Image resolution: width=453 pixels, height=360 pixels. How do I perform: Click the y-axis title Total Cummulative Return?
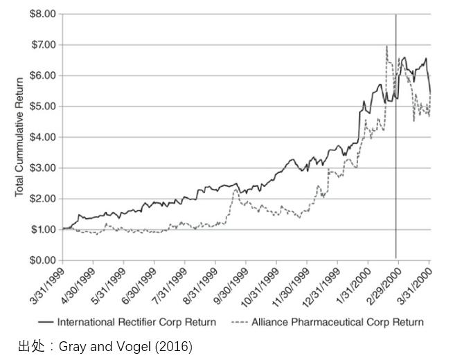pyautogui.click(x=19, y=137)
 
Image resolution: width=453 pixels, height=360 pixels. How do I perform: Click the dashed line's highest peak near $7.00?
pyautogui.click(x=386, y=46)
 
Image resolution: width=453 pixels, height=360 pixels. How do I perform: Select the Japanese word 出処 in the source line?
pyautogui.click(x=28, y=345)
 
